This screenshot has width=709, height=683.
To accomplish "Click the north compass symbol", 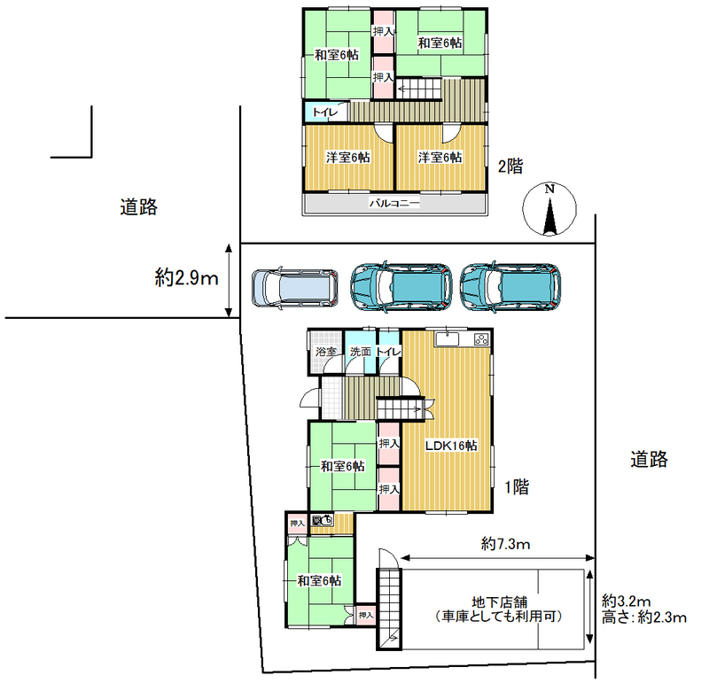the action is point(549,209).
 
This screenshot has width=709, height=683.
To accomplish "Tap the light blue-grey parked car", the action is point(295,288).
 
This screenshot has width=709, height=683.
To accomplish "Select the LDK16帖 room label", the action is point(451,446).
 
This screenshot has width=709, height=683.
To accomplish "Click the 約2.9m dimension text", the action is point(186,277).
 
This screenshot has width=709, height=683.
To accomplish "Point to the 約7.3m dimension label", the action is point(505,544).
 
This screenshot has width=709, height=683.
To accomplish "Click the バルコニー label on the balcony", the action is point(394,203).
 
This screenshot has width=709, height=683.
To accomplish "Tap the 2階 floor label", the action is point(510,167).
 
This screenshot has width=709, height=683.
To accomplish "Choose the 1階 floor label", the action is point(517,487).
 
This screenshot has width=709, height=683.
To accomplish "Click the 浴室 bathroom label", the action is point(326,352).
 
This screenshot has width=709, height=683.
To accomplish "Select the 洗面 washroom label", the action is point(361,352).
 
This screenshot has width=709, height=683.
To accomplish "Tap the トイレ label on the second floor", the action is point(325,113).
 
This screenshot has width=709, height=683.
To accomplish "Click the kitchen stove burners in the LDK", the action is point(481,339).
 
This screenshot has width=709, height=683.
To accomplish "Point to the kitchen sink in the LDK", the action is point(447,339).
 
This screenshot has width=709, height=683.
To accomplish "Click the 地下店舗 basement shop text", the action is point(499,602).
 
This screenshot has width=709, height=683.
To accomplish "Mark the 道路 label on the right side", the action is point(650,459).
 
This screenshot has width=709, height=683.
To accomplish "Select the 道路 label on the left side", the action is point(139,207).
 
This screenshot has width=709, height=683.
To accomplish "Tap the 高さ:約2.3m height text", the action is point(644,617).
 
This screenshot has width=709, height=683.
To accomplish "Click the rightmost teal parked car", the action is point(510,288).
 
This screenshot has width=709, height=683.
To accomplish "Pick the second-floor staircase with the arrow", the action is point(418,89).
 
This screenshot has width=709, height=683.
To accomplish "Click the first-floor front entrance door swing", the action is point(309,398).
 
